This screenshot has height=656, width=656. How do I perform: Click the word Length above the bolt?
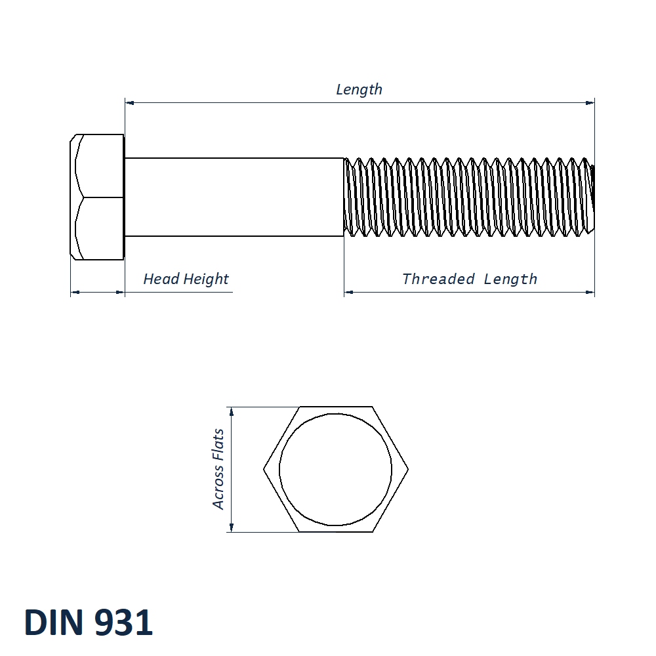359,89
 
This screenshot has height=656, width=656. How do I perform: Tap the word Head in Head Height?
161,279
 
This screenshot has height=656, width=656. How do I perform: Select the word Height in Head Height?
206,279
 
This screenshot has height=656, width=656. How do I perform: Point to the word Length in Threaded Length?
510,279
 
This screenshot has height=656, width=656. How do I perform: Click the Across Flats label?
218,469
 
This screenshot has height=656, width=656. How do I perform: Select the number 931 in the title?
123,623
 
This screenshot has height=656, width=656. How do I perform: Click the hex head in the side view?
97,197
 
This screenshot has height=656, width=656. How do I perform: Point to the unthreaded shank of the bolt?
234,197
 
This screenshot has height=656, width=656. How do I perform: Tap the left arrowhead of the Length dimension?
129,102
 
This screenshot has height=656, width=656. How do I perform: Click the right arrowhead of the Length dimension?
590,102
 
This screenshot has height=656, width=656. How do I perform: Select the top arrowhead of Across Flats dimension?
231,411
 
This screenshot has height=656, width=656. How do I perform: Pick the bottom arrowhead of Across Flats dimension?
231,527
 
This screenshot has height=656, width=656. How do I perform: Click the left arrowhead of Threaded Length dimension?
348,292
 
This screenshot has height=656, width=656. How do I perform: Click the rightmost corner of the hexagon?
407,470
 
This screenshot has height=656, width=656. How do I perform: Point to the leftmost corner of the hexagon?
264,470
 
